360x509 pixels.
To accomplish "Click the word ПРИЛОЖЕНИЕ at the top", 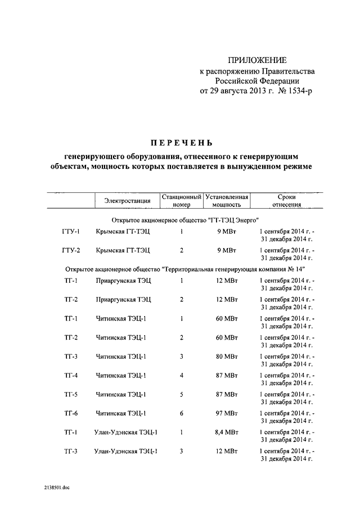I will click(x=257, y=60).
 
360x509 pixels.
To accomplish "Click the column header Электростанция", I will click(x=127, y=201).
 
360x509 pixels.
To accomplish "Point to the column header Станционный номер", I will click(x=182, y=201).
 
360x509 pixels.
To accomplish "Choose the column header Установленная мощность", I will click(x=227, y=201).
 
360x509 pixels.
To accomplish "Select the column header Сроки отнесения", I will click(x=287, y=201).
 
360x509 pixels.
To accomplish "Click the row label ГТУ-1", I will click(x=71, y=232).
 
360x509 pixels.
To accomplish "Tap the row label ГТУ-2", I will click(x=71, y=250).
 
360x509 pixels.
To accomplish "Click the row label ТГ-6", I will click(x=71, y=413).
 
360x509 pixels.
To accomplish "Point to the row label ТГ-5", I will click(x=71, y=394).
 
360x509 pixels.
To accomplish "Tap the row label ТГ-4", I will click(x=71, y=375).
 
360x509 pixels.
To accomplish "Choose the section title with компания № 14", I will click(x=185, y=269).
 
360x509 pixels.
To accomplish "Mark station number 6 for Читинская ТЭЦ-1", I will click(x=182, y=413).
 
